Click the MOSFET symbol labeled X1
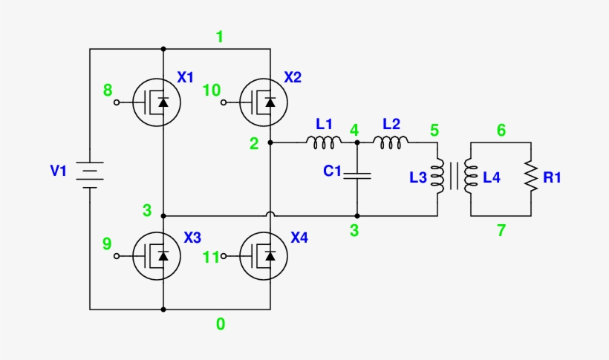pos(157,102)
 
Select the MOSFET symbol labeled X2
pos(264,102)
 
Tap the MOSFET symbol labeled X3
pos(157,256)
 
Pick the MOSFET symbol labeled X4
pos(264,256)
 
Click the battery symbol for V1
pos(90,175)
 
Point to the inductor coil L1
pos(324,141)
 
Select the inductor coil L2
pos(390,141)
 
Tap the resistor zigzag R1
pos(531,177)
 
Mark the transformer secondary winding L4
pos(469,177)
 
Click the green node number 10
pos(212,91)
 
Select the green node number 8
pos(108,91)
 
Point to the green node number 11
pos(212,258)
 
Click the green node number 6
pos(501,131)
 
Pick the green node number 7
pos(501,230)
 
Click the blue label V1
pos(59,171)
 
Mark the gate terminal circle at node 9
pos(117,256)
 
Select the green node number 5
pos(434,131)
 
